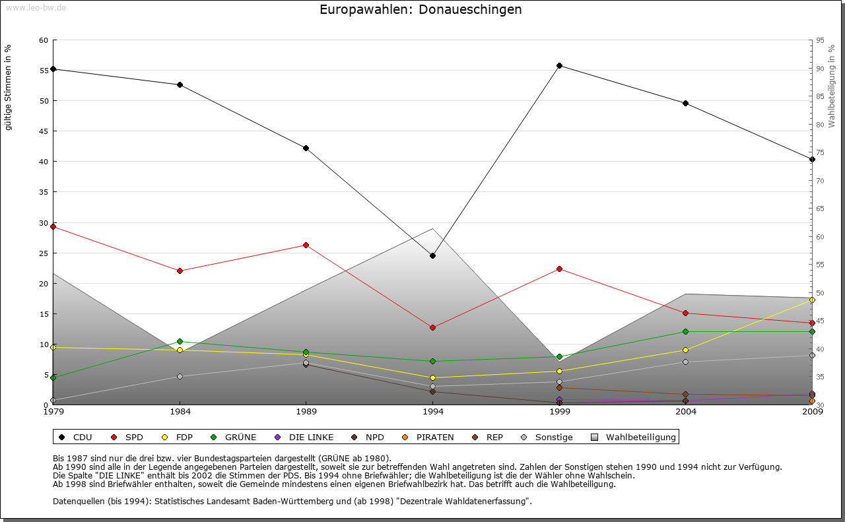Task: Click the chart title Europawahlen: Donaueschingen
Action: (421, 10)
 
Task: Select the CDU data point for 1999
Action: (559, 65)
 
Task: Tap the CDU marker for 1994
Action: (432, 255)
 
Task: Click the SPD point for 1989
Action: (306, 245)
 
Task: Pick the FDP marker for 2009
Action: (812, 300)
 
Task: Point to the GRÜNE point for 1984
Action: (180, 341)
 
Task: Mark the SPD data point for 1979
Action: (53, 226)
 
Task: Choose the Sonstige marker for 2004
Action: (686, 362)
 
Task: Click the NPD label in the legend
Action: (374, 437)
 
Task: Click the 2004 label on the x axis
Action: (686, 412)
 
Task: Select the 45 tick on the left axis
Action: (44, 131)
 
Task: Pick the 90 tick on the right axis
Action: (820, 69)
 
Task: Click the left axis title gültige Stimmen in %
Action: (9, 87)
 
